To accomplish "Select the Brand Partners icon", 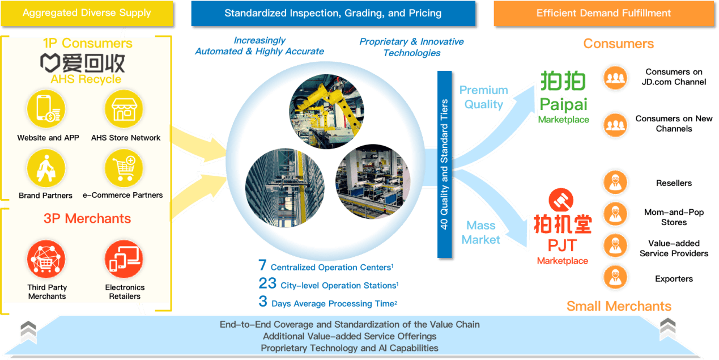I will (46, 168).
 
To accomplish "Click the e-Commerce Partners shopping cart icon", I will (124, 168).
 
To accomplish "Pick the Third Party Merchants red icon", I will (46, 259).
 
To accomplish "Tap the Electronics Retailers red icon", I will (124, 259).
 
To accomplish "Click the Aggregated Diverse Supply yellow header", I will (87, 13).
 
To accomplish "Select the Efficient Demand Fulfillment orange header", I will (603, 13).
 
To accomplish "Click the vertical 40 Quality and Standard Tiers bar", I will (445, 163).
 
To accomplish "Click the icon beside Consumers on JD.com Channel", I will (615, 78).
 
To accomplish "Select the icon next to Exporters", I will (615, 278).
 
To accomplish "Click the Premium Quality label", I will (484, 97).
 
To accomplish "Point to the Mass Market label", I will (480, 232).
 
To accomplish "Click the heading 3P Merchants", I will (87, 219).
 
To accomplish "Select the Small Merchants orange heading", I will (619, 307).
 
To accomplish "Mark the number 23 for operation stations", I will (267, 283).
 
